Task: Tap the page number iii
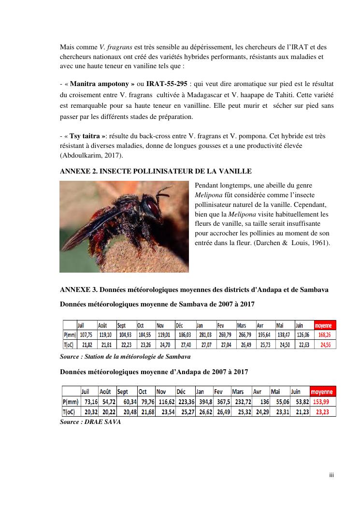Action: (x=331, y=475)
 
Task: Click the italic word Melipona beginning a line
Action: (x=208, y=195)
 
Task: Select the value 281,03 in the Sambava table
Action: (x=205, y=334)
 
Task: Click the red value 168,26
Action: (x=325, y=334)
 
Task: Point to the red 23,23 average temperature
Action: (x=324, y=412)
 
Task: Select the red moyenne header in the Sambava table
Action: (x=325, y=325)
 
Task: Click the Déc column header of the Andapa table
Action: (x=181, y=392)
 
